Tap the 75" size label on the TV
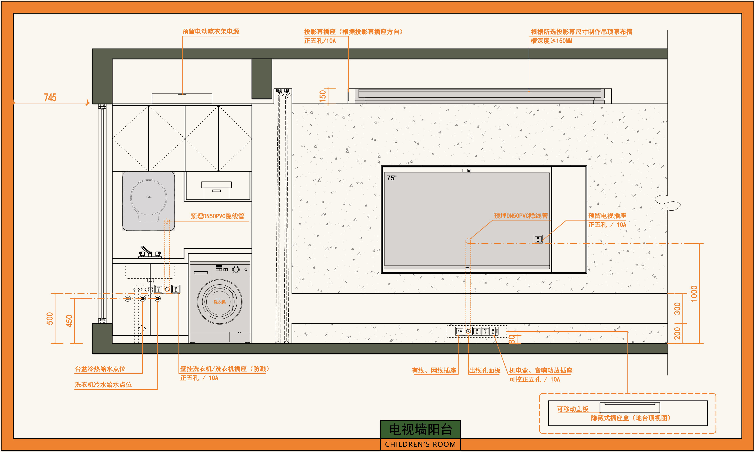pyautogui.click(x=392, y=178)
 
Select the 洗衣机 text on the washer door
pyautogui.click(x=220, y=302)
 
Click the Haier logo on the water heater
pyautogui.click(x=149, y=197)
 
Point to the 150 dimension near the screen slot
pyautogui.click(x=323, y=96)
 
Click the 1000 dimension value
pyautogui.click(x=694, y=294)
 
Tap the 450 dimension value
pyautogui.click(x=69, y=321)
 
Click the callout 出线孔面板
pyautogui.click(x=484, y=370)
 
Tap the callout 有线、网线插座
pyautogui.click(x=434, y=370)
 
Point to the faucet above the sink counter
pyautogui.click(x=146, y=252)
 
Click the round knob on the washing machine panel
pyautogui.click(x=236, y=270)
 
